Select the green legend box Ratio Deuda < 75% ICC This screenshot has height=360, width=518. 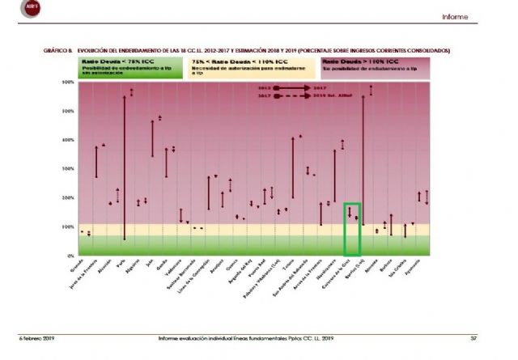(x=130, y=68)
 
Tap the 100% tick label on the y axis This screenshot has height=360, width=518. (x=69, y=227)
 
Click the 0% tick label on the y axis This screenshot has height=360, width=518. (x=70, y=256)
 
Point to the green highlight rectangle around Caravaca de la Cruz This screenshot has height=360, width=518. (x=351, y=229)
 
